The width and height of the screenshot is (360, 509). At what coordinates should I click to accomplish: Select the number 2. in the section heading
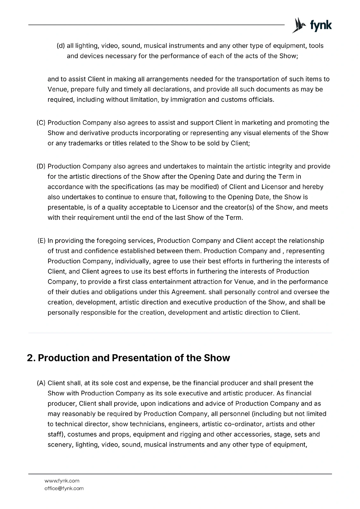tap(31, 358)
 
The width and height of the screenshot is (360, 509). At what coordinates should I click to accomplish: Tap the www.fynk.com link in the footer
tap(62, 481)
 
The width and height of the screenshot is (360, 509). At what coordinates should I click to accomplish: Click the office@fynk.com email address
tap(64, 488)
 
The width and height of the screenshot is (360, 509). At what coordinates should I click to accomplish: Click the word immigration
tap(188, 100)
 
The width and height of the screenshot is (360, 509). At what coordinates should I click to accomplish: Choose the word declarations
tap(163, 89)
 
